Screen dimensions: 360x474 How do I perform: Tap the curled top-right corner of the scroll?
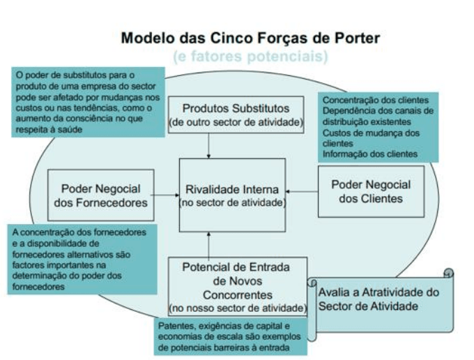(x=449, y=273)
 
